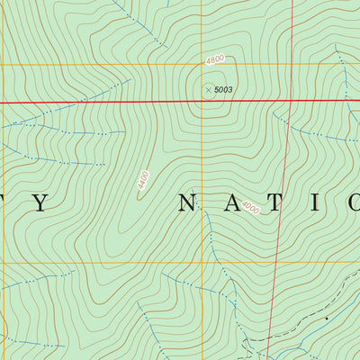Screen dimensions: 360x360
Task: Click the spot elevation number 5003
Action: point(223,89)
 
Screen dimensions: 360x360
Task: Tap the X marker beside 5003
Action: point(208,89)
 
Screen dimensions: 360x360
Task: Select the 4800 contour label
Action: point(214,59)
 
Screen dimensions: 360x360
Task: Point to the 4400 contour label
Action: point(142,181)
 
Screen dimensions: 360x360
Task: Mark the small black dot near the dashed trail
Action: point(326,318)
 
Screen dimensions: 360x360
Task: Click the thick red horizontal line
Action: point(108,102)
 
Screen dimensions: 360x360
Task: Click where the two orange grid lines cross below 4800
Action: point(201,65)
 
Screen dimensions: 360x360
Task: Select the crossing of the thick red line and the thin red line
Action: point(292,99)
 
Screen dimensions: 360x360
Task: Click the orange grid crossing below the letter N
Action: point(201,263)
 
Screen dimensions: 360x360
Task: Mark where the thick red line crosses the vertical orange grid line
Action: point(201,100)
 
